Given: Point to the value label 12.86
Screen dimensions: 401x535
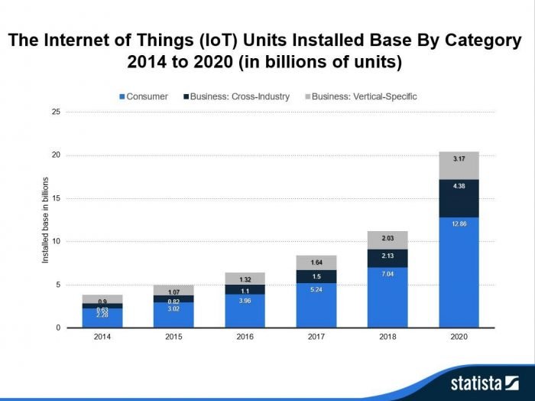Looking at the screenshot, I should click(459, 223).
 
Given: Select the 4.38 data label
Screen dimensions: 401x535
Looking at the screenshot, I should click(459, 185).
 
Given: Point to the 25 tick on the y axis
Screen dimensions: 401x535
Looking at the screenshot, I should click(55, 112).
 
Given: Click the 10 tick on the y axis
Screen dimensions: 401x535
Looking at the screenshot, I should click(55, 242).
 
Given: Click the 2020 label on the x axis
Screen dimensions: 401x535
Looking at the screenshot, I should click(459, 337).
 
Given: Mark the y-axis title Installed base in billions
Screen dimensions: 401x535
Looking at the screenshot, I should click(45, 220).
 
